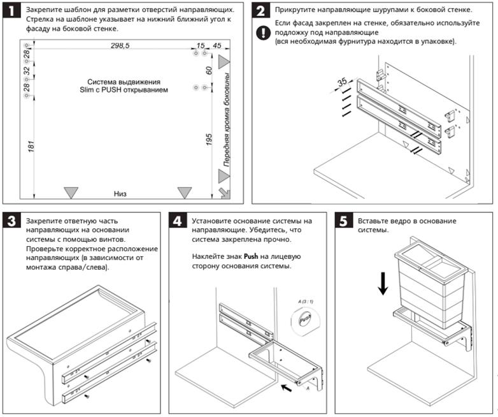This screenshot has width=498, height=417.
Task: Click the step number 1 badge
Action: (x=12, y=11)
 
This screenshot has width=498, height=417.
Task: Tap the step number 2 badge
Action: (x=262, y=11)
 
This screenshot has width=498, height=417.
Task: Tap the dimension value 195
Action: (x=208, y=140)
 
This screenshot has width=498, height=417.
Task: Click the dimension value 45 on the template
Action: (x=217, y=46)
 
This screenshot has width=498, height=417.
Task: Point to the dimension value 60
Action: (x=208, y=70)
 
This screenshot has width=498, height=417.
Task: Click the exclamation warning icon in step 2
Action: (x=262, y=33)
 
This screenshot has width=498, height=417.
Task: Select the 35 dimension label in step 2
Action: (x=342, y=82)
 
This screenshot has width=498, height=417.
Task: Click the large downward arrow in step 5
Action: (x=383, y=282)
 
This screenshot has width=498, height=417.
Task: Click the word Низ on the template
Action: (x=121, y=193)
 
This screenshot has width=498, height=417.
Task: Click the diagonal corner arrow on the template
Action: (x=223, y=193)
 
